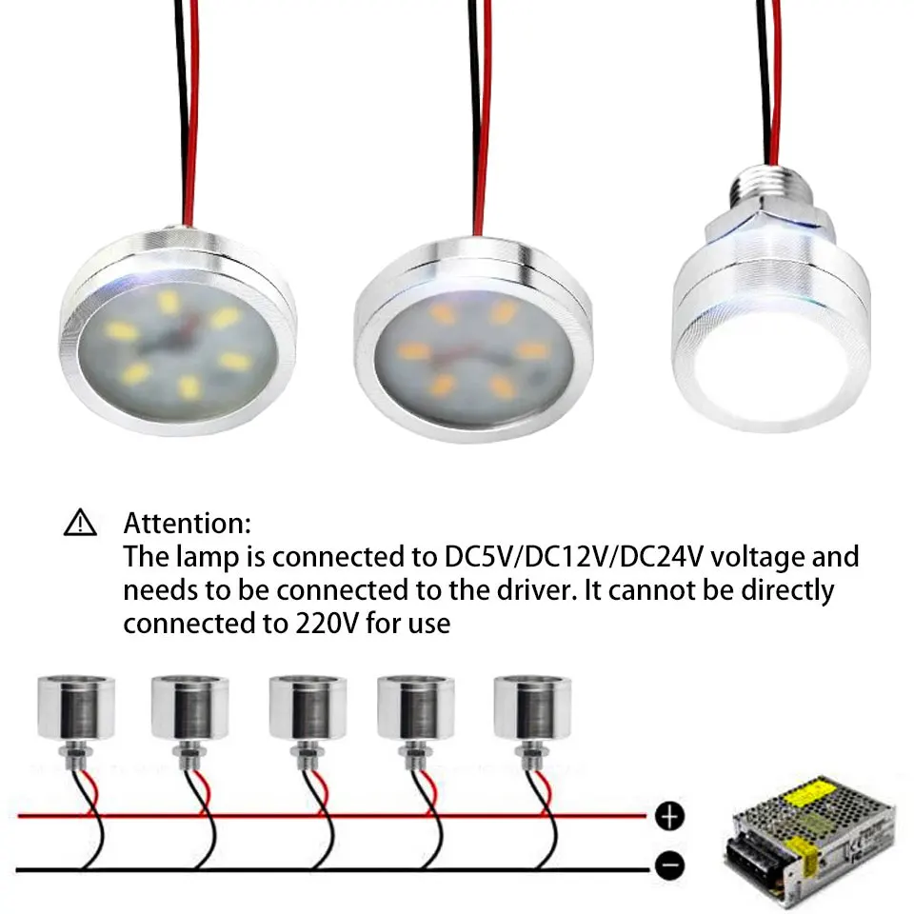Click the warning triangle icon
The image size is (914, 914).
pyautogui.click(x=80, y=523)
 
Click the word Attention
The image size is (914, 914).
pyautogui.click(x=188, y=523)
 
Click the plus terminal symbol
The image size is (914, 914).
pyautogui.click(x=670, y=816)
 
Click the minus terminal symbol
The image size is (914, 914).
pyautogui.click(x=670, y=865)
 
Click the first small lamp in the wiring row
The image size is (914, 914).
pyautogui.click(x=76, y=710)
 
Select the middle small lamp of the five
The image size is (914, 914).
pyautogui.click(x=307, y=710)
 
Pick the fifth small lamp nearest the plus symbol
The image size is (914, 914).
pyautogui.click(x=532, y=710)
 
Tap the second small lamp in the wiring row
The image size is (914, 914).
pyautogui.click(x=189, y=710)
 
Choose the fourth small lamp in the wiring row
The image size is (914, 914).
pyautogui.click(x=416, y=710)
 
